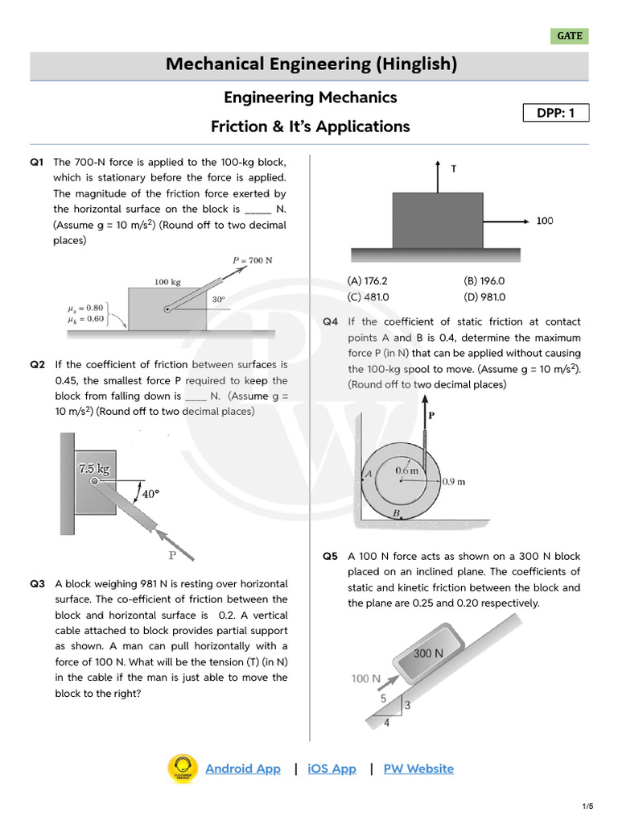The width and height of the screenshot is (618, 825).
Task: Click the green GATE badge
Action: [x=570, y=36]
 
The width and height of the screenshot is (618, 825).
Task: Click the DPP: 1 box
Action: [x=556, y=113]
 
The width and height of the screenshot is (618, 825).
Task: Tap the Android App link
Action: [x=243, y=769]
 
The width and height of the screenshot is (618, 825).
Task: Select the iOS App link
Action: [x=332, y=769]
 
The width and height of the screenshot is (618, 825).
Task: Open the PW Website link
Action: [x=418, y=769]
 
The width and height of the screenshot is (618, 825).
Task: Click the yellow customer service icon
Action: [x=183, y=769]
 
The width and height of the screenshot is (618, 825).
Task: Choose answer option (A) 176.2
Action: [x=368, y=281]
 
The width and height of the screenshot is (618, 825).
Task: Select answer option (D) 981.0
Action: [x=484, y=296]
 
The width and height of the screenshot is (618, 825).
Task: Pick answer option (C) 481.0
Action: [x=368, y=296]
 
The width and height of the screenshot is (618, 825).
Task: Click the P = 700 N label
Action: [x=253, y=261]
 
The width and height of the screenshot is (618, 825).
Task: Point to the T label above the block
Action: [x=454, y=169]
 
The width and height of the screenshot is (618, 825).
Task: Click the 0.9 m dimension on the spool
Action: [x=455, y=482]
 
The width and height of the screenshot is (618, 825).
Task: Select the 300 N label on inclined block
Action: [x=428, y=653]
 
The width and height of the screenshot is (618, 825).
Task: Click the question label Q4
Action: [x=331, y=322]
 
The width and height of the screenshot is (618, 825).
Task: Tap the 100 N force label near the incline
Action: [x=365, y=678]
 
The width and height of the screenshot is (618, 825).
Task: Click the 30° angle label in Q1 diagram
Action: [x=218, y=299]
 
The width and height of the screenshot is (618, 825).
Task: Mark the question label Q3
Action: [x=38, y=584]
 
